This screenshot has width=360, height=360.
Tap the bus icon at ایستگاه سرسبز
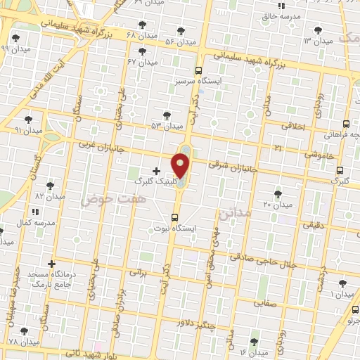point(199,70)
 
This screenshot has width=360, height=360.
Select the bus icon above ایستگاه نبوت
point(175,217)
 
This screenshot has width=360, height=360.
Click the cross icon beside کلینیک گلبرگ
point(156,170)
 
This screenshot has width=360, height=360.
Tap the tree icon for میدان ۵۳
point(167,115)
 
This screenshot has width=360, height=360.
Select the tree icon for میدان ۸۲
point(49,186)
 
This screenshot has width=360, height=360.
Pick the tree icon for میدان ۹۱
point(28,120)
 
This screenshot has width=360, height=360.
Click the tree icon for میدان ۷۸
point(24,330)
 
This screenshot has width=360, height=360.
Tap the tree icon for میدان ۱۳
point(318,30)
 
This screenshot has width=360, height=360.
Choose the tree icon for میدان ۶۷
point(143,51)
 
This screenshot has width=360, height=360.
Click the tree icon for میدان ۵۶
point(181,31)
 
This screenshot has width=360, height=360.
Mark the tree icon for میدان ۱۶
point(254,341)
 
